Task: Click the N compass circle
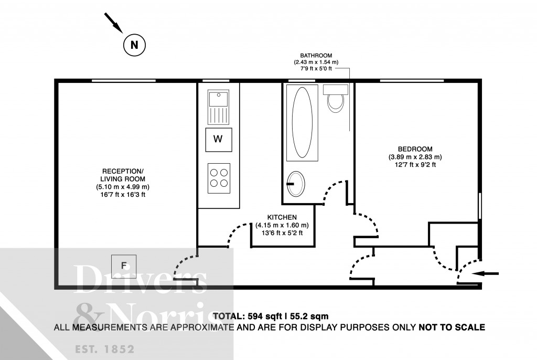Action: [134, 45]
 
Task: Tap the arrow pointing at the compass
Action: [113, 22]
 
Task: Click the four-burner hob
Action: [218, 175]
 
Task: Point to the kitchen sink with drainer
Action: [218, 105]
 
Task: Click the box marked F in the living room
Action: [124, 266]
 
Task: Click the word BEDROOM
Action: [412, 149]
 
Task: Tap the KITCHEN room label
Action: [282, 217]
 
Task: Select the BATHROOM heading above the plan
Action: [316, 55]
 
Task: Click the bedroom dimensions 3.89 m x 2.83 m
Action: [415, 156]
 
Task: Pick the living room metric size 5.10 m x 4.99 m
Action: [122, 187]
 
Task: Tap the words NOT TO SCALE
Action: [452, 327]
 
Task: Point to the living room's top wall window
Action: [124, 80]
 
